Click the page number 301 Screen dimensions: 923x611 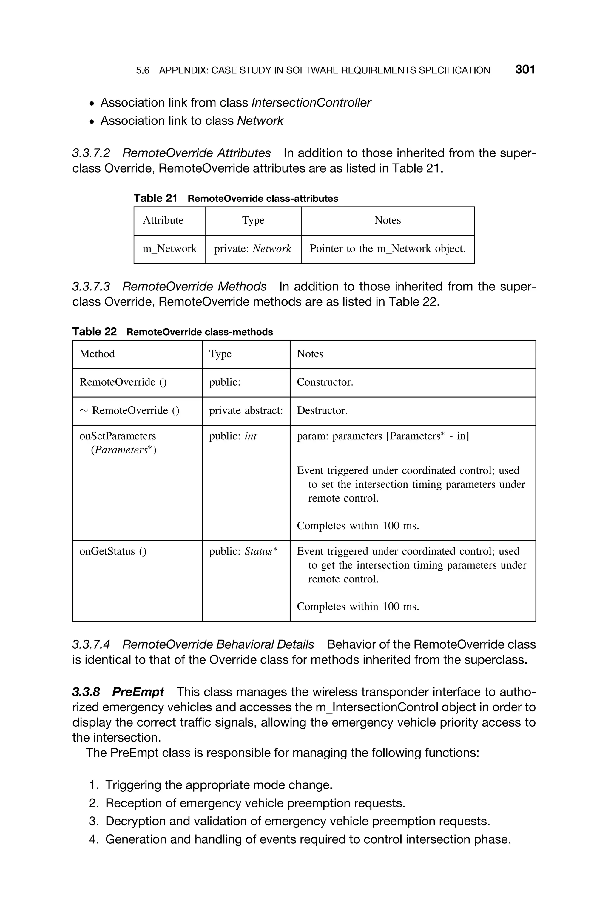pyautogui.click(x=524, y=70)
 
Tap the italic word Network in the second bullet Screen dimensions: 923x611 pyautogui.click(x=260, y=121)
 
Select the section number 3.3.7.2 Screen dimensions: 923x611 pyautogui.click(x=91, y=153)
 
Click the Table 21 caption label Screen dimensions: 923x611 pyautogui.click(x=155, y=199)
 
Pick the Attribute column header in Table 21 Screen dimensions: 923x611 pyautogui.click(x=163, y=221)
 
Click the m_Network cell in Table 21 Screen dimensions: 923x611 pyautogui.click(x=169, y=249)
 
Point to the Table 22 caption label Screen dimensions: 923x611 pyautogui.click(x=94, y=332)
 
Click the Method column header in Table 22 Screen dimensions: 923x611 pyautogui.click(x=97, y=354)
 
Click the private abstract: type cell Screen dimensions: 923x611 pyautogui.click(x=246, y=411)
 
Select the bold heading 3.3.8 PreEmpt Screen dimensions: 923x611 pyautogui.click(x=118, y=692)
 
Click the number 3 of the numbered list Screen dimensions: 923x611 pyautogui.click(x=93, y=821)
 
